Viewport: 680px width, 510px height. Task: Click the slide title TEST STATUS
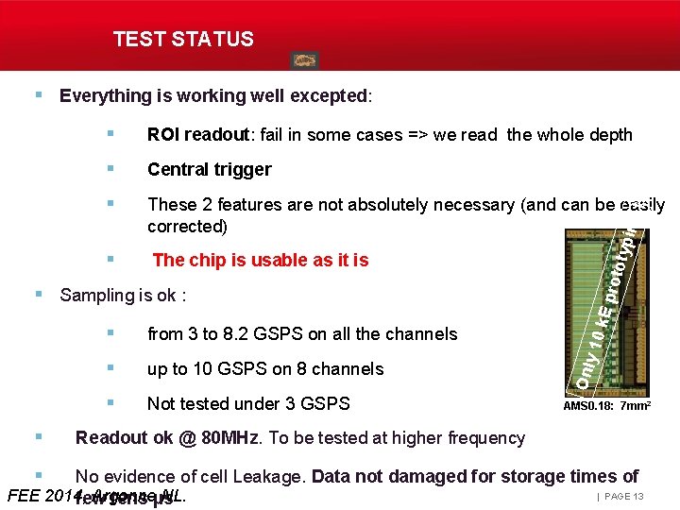coord(183,39)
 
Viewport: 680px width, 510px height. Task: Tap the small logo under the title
coord(304,60)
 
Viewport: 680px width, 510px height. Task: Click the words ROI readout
coord(197,134)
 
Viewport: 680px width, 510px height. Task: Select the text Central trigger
coord(209,169)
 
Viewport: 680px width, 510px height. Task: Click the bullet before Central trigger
coord(112,169)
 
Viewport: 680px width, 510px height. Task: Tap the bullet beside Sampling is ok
coord(39,295)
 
